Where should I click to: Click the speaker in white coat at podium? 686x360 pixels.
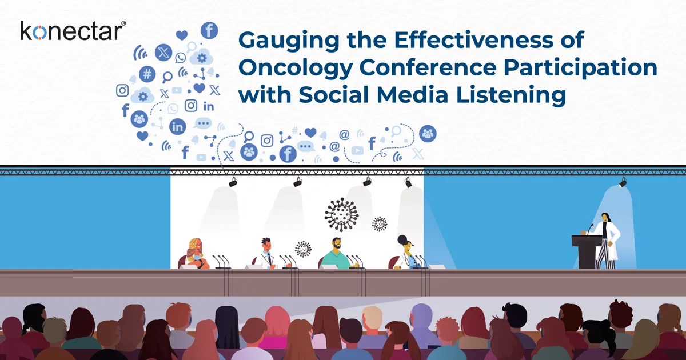pyautogui.click(x=606, y=237)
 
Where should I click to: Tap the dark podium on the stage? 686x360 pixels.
pyautogui.click(x=589, y=251)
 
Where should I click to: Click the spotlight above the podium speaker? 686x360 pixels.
pyautogui.click(x=623, y=182)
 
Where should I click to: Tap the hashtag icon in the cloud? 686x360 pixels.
pyautogui.click(x=147, y=73)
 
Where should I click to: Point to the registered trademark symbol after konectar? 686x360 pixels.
pyautogui.click(x=124, y=23)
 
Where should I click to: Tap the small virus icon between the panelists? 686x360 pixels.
pyautogui.click(x=303, y=249)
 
